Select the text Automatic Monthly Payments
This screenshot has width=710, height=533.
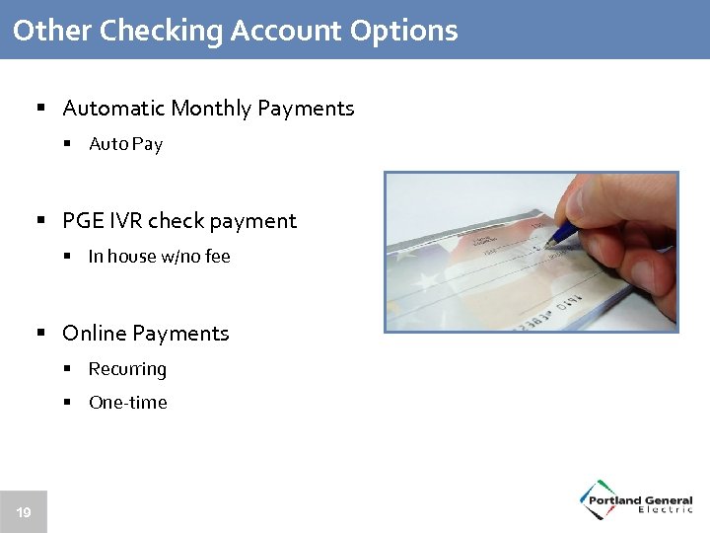(x=208, y=109)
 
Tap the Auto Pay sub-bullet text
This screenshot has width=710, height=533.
(x=125, y=144)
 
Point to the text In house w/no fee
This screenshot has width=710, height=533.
(x=159, y=257)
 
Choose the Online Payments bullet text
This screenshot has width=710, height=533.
(x=145, y=334)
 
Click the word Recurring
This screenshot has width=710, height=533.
(x=127, y=369)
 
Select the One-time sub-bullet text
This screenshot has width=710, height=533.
(x=127, y=403)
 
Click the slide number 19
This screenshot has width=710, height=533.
(x=23, y=512)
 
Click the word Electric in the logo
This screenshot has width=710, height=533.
(x=666, y=509)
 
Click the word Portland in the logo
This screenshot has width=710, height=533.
(x=616, y=500)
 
